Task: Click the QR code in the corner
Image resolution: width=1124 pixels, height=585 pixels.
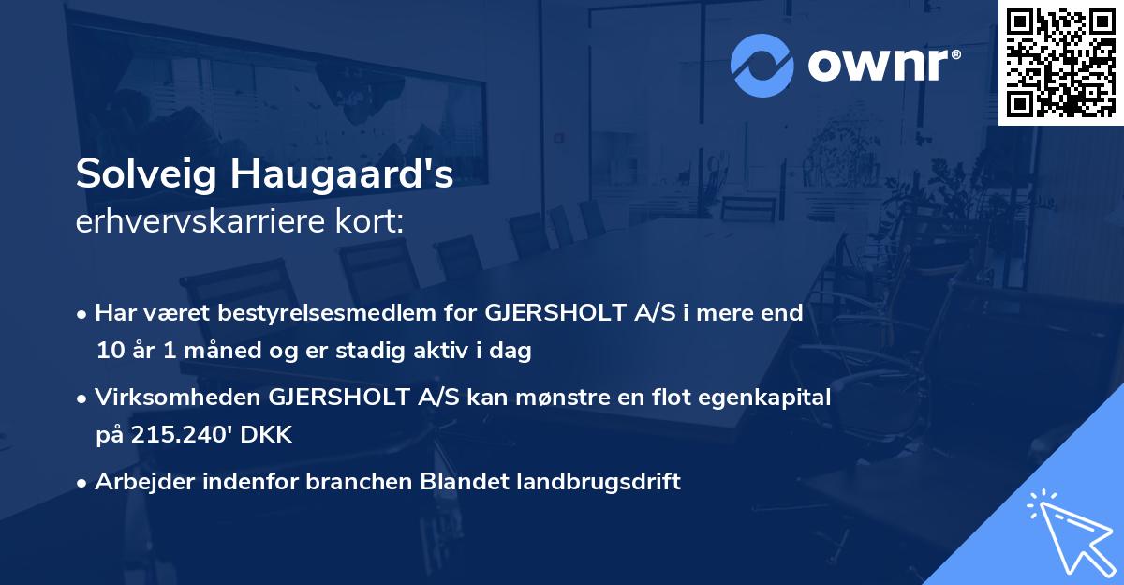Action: point(1060,63)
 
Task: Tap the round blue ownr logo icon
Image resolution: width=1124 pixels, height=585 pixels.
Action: point(762,66)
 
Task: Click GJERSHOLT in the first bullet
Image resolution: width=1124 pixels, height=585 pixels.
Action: point(545,312)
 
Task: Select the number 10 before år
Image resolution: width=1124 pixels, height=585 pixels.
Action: point(108,352)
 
